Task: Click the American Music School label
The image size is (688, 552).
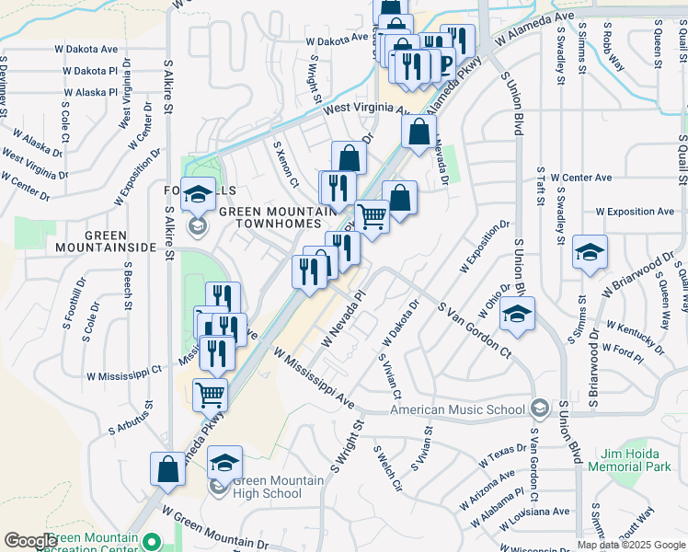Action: click(x=458, y=409)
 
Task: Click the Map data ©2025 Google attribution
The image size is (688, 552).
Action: click(x=632, y=545)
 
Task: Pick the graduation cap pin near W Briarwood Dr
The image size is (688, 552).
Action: click(x=590, y=252)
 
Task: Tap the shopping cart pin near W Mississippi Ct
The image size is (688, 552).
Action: click(x=211, y=394)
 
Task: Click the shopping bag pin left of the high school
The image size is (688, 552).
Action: click(x=168, y=468)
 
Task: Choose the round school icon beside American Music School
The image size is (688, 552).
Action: click(x=540, y=408)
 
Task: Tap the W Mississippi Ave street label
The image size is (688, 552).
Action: click(x=314, y=378)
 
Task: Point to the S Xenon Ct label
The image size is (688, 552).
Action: click(x=286, y=164)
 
